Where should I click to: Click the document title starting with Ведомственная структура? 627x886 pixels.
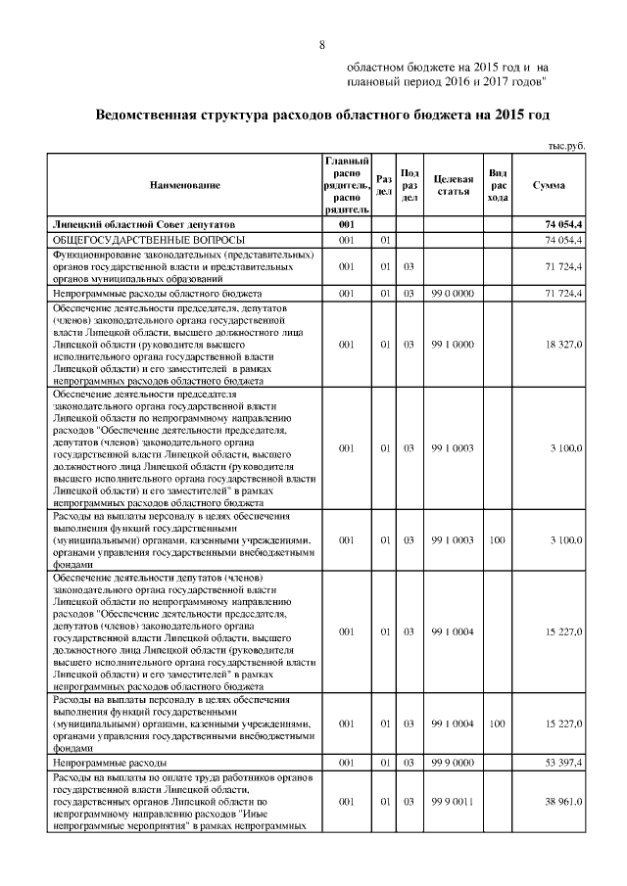(x=321, y=115)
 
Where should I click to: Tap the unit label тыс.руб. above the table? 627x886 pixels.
(x=566, y=145)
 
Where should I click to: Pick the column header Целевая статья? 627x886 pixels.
(x=453, y=185)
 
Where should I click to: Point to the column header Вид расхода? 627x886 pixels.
(x=498, y=185)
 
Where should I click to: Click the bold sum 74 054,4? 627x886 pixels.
(x=564, y=226)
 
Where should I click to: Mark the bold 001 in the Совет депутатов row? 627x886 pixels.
(x=346, y=226)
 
